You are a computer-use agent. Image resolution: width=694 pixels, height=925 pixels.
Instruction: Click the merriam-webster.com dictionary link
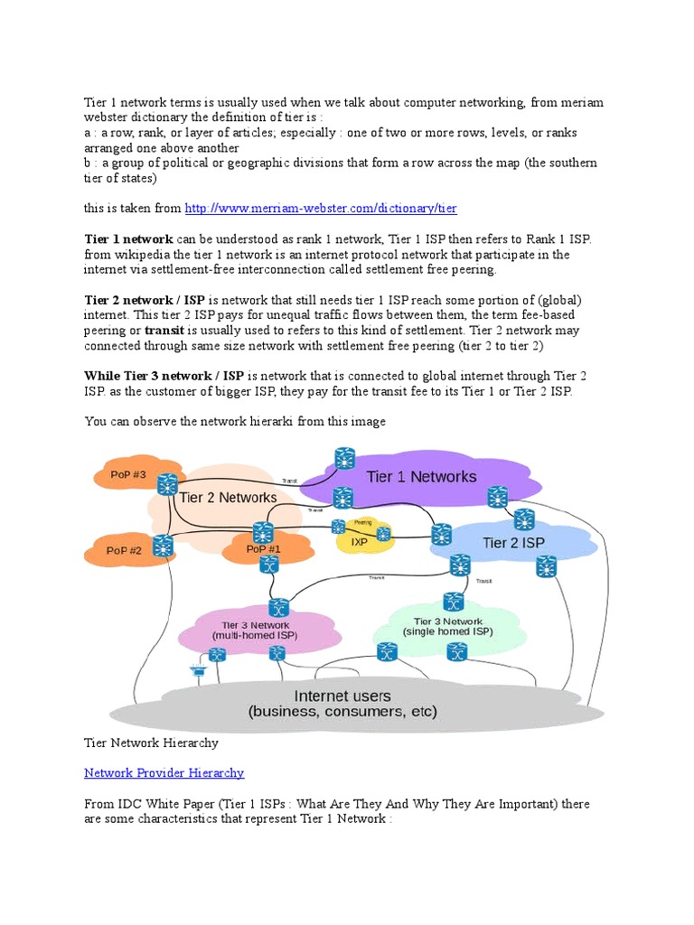coord(321,209)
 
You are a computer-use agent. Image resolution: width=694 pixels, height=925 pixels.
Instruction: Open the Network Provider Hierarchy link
coord(164,773)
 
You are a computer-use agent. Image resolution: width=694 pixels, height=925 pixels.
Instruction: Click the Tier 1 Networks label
coord(420,476)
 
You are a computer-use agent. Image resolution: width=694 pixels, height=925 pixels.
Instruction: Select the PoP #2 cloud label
coord(124,550)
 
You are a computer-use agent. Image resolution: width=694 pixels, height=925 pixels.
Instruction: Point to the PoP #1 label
coord(263,548)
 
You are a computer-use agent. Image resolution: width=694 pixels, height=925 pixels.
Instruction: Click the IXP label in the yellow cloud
coord(359,543)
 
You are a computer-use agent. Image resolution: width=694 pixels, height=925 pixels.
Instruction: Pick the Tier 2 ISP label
coord(513,543)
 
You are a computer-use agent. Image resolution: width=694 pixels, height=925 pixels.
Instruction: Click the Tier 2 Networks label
coord(228,498)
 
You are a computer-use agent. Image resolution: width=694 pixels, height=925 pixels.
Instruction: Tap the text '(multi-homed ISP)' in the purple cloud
coord(255,636)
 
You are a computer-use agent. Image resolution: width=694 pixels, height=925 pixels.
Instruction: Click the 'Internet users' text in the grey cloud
coord(342,696)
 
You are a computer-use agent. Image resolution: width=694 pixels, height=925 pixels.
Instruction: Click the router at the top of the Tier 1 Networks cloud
coord(344,458)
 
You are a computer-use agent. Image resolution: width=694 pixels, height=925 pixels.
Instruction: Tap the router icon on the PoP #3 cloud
coord(167,485)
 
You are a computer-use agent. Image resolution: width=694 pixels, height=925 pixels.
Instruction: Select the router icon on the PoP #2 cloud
coord(163,546)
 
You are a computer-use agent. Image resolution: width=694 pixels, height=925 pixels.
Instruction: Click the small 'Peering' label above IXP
coord(362,522)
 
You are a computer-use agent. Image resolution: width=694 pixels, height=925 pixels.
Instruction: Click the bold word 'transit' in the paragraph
coord(164,331)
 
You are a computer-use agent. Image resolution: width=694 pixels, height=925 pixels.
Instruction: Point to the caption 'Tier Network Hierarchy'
coord(151,743)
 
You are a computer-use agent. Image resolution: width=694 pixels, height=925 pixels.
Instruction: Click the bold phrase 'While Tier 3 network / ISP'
coord(164,376)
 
